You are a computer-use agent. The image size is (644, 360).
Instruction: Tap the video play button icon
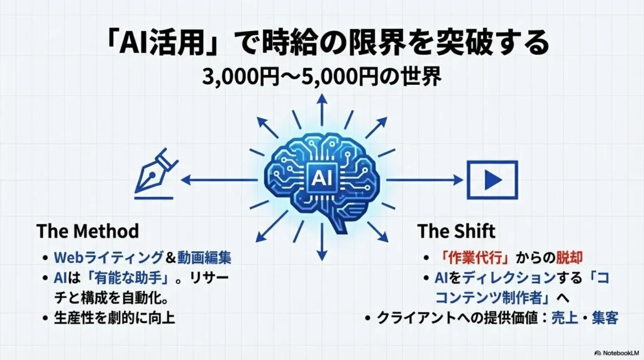coord(492,180)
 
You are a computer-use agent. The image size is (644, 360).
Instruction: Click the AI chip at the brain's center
coord(323,178)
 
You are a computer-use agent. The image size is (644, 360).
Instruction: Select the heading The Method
coord(87,231)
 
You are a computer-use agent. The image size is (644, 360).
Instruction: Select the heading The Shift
coord(457,231)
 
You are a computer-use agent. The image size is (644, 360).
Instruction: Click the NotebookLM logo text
coord(616,353)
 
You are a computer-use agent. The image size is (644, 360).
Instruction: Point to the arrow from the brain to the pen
coord(219,179)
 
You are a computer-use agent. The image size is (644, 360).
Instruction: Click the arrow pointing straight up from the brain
coord(322,110)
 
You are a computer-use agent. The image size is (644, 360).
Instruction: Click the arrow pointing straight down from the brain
coord(322,242)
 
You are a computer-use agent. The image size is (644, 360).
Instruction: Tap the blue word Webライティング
coord(109,257)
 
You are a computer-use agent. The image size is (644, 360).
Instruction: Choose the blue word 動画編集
coord(204,257)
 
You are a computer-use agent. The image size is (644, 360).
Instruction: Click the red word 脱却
coord(569,257)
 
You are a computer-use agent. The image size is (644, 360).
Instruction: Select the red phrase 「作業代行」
coord(474,257)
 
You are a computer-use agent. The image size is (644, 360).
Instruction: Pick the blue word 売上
coord(564,318)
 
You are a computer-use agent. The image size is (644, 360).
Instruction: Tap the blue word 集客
coord(605,318)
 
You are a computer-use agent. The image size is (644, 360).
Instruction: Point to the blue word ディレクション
coord(509,278)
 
